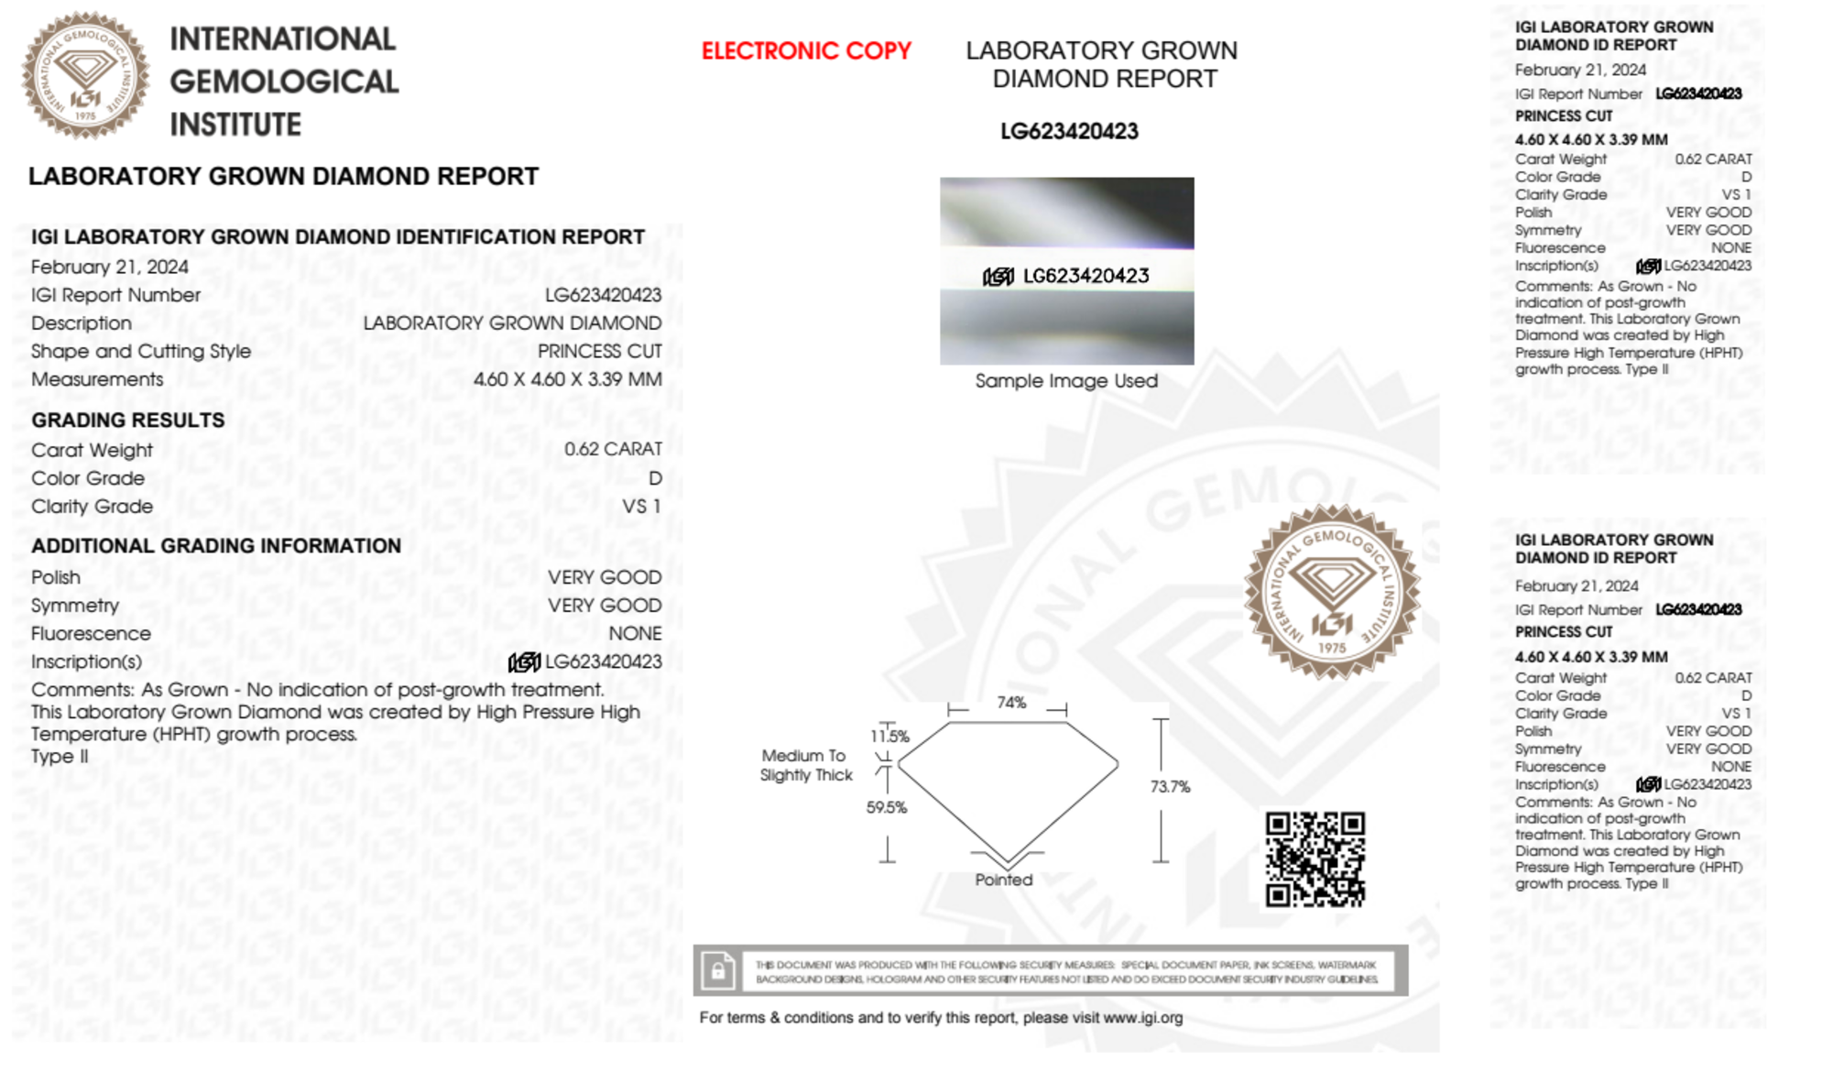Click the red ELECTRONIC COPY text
pyautogui.click(x=806, y=51)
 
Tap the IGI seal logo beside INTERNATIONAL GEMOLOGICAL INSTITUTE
pyautogui.click(x=85, y=75)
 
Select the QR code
pyautogui.click(x=1315, y=858)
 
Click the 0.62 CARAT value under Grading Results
pyautogui.click(x=613, y=449)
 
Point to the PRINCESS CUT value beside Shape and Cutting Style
pyautogui.click(x=599, y=351)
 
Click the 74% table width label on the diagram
pyautogui.click(x=1011, y=703)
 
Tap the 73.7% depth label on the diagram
pyautogui.click(x=1170, y=787)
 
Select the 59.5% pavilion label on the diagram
pyautogui.click(x=887, y=807)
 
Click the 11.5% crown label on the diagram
pyautogui.click(x=889, y=736)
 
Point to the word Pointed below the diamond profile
pyautogui.click(x=1003, y=880)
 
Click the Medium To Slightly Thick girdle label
pyautogui.click(x=805, y=765)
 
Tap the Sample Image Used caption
pyautogui.click(x=1066, y=381)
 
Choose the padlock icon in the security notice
pyautogui.click(x=718, y=970)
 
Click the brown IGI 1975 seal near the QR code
pyautogui.click(x=1332, y=592)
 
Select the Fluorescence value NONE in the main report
pyautogui.click(x=635, y=633)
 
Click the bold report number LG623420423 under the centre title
pyautogui.click(x=1069, y=132)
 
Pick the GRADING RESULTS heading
pyautogui.click(x=128, y=421)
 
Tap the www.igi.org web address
pyautogui.click(x=1142, y=1018)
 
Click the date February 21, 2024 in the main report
pyautogui.click(x=110, y=267)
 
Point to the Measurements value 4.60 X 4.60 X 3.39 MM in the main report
pyautogui.click(x=567, y=379)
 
